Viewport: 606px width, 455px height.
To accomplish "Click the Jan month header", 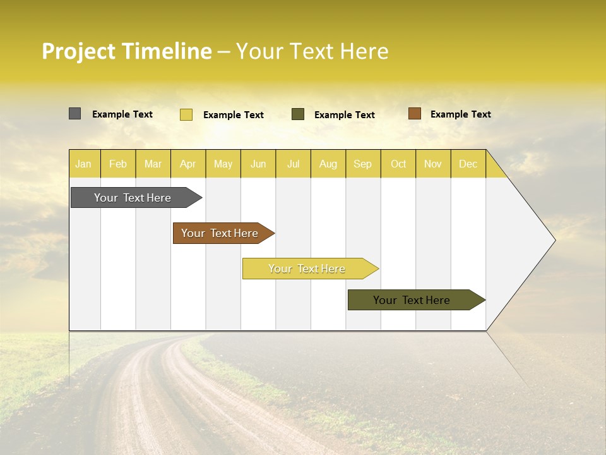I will point(84,164).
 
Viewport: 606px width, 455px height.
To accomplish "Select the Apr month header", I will point(188,164).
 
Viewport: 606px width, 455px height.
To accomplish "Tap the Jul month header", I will point(294,164).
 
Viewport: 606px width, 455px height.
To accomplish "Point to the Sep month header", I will point(363,164).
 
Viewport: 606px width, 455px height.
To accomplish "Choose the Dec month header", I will point(468,164).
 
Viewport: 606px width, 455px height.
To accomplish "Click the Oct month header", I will point(398,164).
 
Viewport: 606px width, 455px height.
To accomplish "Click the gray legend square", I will point(75,114).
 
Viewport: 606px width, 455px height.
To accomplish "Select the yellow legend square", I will point(186,114).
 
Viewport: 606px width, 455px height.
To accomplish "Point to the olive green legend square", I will point(298,114).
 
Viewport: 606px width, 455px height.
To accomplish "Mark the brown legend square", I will point(415,114).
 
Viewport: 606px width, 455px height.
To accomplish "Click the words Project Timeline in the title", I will point(126,51).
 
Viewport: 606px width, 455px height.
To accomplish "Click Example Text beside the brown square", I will point(461,114).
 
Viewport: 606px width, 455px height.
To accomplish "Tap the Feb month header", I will point(118,164).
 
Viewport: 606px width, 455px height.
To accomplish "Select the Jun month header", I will point(258,164).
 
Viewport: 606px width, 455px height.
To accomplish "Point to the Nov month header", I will point(433,164).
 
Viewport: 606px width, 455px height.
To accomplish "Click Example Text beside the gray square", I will point(122,114).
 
